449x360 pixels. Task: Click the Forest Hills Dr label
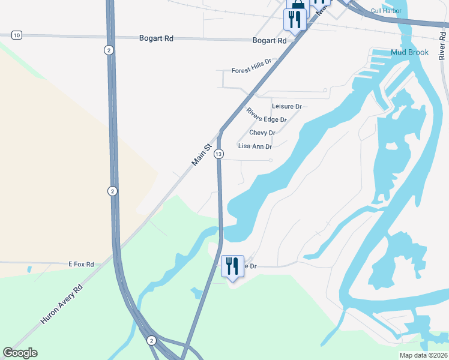252,71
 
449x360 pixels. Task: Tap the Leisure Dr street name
286,106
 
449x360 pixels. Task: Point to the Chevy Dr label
262,133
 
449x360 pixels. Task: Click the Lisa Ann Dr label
255,146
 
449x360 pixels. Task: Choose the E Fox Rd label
81,264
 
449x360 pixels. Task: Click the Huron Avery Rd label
61,305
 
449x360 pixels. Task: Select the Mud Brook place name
409,52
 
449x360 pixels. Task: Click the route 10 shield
16,35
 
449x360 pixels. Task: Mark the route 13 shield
218,154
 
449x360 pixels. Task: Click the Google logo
20,353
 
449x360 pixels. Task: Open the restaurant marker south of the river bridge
232,266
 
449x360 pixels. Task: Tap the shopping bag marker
297,6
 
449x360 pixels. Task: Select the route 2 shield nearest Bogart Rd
109,50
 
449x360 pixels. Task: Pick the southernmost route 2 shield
151,340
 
